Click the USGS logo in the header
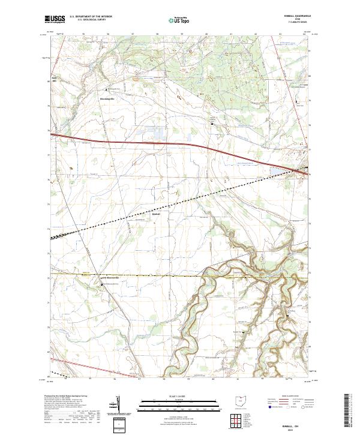coord(56,19)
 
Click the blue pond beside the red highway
coord(274,171)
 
